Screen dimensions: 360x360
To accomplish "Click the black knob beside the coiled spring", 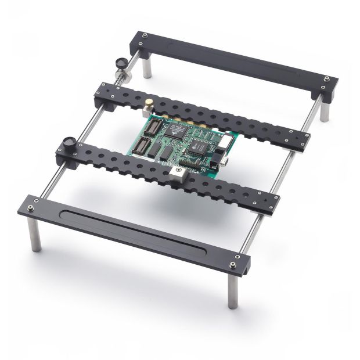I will click(x=121, y=62).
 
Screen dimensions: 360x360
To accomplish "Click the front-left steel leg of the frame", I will click(x=35, y=238).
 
